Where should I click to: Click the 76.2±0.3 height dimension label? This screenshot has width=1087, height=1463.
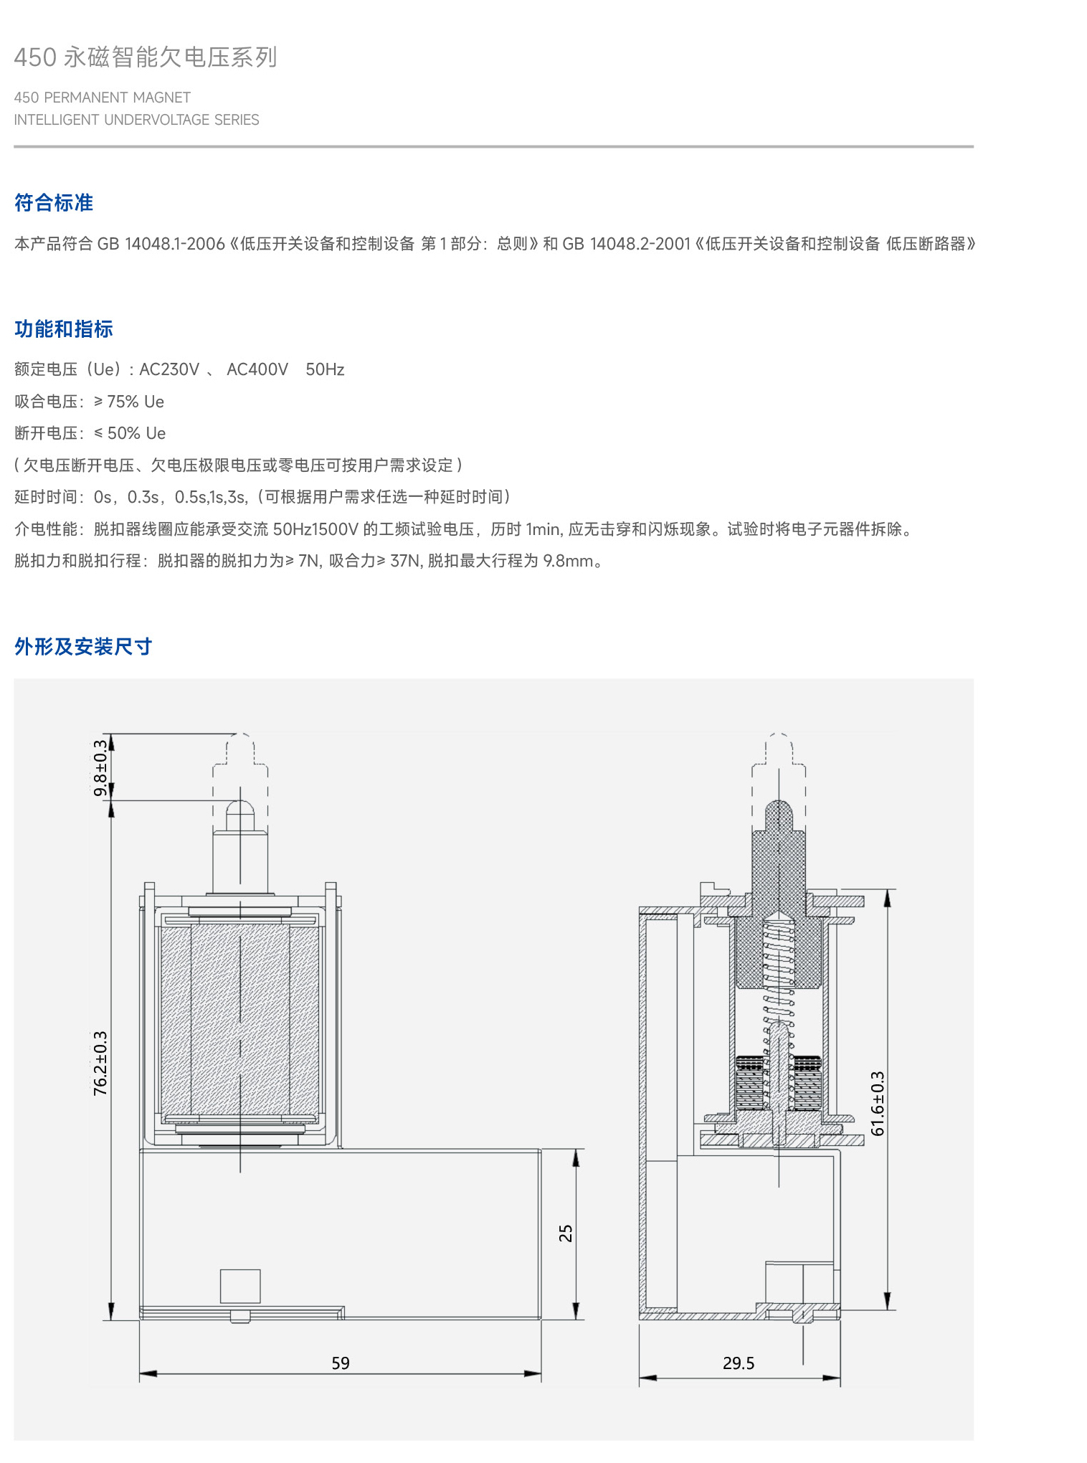100,1063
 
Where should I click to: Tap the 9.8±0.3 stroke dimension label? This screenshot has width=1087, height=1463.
100,767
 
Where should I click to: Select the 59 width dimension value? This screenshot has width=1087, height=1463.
341,1363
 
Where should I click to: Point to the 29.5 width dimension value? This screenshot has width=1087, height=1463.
739,1363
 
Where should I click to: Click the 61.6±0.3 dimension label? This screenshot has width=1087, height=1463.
878,1104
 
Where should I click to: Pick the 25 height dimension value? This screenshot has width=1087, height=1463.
566,1233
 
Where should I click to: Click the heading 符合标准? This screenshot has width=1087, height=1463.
54,203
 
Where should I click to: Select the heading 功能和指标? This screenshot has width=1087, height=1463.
64,329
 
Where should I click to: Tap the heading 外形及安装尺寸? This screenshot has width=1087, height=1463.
83,647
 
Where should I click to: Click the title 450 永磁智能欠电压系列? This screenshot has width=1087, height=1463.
146,57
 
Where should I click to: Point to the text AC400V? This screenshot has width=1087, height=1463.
257,369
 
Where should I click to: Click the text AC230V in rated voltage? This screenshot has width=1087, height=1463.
169,369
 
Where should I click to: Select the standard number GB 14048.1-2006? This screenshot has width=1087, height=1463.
161,244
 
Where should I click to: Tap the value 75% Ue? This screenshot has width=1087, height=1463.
136,402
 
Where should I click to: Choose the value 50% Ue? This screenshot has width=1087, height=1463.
136,433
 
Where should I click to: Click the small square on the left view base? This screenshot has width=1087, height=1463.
240,1286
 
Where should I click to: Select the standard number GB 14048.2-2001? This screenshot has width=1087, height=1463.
626,244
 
